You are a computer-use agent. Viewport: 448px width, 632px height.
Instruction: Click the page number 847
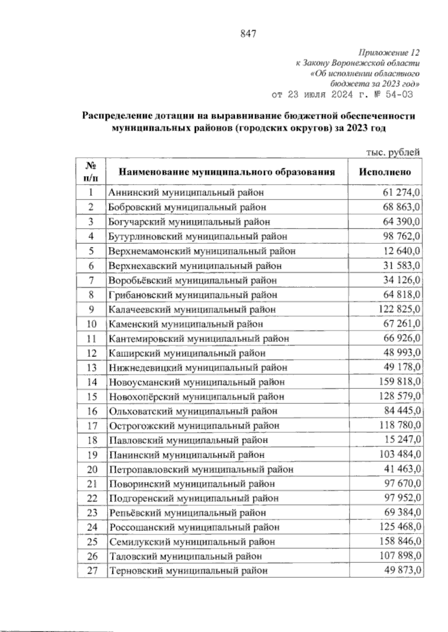click(x=248, y=34)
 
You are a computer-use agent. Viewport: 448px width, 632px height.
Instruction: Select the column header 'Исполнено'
click(x=385, y=172)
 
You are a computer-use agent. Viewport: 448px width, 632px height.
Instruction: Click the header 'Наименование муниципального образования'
click(x=227, y=172)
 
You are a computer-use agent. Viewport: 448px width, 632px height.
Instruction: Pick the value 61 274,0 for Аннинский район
click(x=401, y=193)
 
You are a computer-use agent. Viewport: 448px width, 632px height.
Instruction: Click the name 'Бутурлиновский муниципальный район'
click(x=198, y=236)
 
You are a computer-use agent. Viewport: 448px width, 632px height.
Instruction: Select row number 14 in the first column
click(x=92, y=382)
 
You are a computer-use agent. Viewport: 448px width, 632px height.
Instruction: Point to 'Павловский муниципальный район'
click(x=189, y=440)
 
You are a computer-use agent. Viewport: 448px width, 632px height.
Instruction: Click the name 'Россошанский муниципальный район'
click(x=195, y=527)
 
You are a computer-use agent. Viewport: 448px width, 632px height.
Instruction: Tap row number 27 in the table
click(x=92, y=571)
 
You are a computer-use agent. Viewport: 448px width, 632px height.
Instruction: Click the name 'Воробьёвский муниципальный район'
click(x=193, y=280)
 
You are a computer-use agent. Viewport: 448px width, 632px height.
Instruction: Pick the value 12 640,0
click(x=402, y=251)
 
